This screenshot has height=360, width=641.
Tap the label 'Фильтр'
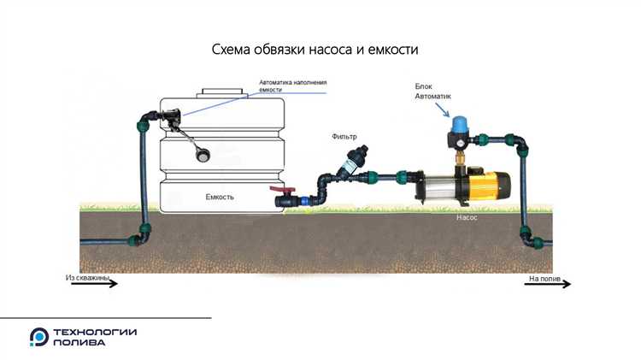[x=345, y=137]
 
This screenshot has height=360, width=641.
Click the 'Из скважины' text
[x=88, y=277]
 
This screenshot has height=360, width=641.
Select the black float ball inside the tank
[x=203, y=154]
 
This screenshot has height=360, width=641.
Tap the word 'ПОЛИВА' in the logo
[x=79, y=343]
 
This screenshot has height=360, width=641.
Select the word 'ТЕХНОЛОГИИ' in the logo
[x=95, y=332]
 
